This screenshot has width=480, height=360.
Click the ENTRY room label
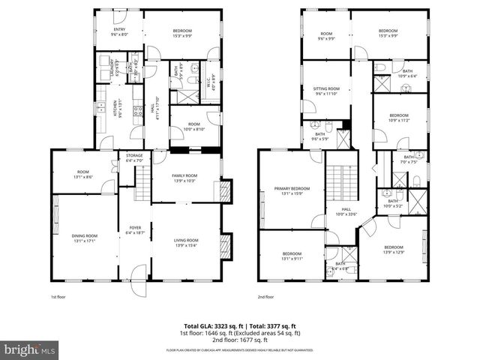pos(119,30)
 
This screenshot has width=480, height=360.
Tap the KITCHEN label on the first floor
pos(115,104)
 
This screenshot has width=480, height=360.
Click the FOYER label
pos(134,229)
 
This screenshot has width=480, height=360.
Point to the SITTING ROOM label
pos(326,88)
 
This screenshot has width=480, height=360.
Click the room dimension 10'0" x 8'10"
pos(194,128)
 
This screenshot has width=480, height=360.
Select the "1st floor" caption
pos(59,297)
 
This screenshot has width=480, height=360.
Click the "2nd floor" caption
pos(266,297)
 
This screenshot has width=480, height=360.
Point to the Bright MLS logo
pos(29,349)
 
